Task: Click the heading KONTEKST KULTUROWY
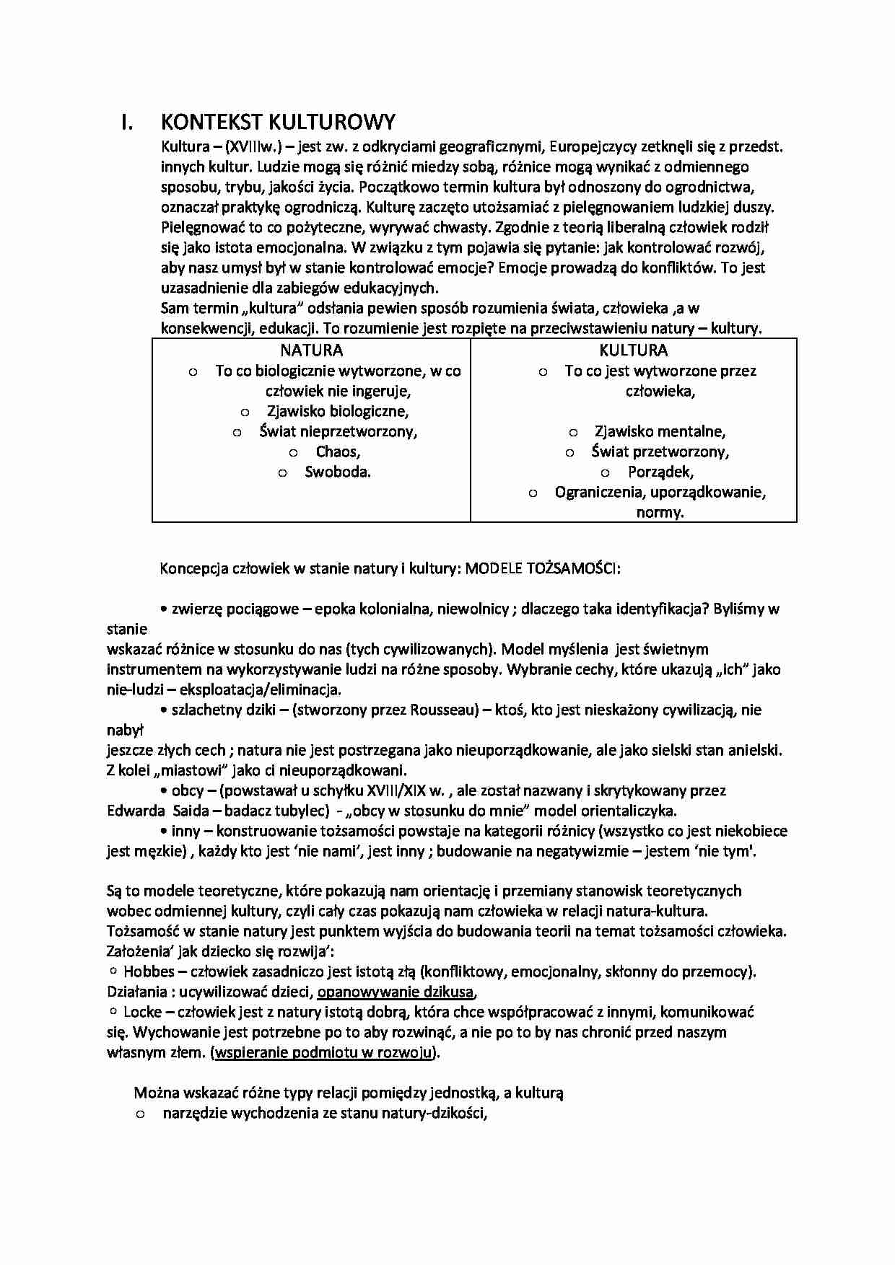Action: pos(277,123)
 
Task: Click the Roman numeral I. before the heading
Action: pos(126,123)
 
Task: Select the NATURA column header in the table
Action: pos(311,351)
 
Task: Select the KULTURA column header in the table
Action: pos(633,351)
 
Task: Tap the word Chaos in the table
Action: pos(337,452)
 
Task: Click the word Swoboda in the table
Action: pos(337,472)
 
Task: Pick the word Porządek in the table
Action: pos(660,472)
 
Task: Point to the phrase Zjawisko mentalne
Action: pos(660,432)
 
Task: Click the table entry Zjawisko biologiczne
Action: pos(337,412)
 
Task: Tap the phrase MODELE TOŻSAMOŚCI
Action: pos(542,568)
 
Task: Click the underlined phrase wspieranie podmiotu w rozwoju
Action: pos(324,1052)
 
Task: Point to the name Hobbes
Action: pos(149,971)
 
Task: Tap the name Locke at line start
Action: pos(142,1012)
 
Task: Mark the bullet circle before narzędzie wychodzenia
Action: pos(141,1114)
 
